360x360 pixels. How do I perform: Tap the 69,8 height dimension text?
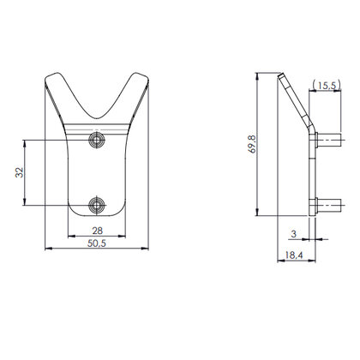click(x=248, y=144)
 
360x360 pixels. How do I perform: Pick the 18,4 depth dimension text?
click(x=292, y=255)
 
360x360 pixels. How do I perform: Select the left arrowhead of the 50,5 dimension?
click(x=46, y=249)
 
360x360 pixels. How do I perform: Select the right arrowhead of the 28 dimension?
click(x=128, y=237)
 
